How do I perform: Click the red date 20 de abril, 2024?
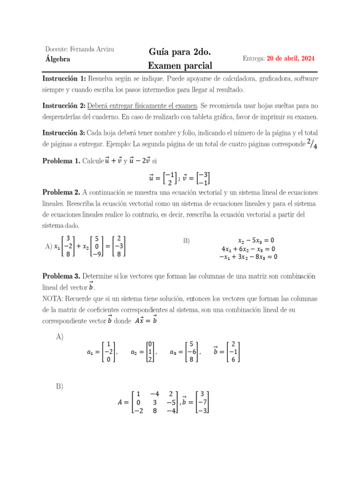pos(291,59)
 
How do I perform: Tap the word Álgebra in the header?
pos(58,59)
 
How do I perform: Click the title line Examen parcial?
pos(180,66)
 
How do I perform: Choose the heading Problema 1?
pos(61,161)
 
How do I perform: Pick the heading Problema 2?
pos(61,193)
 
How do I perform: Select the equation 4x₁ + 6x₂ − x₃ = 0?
pos(248,249)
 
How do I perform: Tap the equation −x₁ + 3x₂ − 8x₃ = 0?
pos(248,257)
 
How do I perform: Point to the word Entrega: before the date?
pos(254,59)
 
